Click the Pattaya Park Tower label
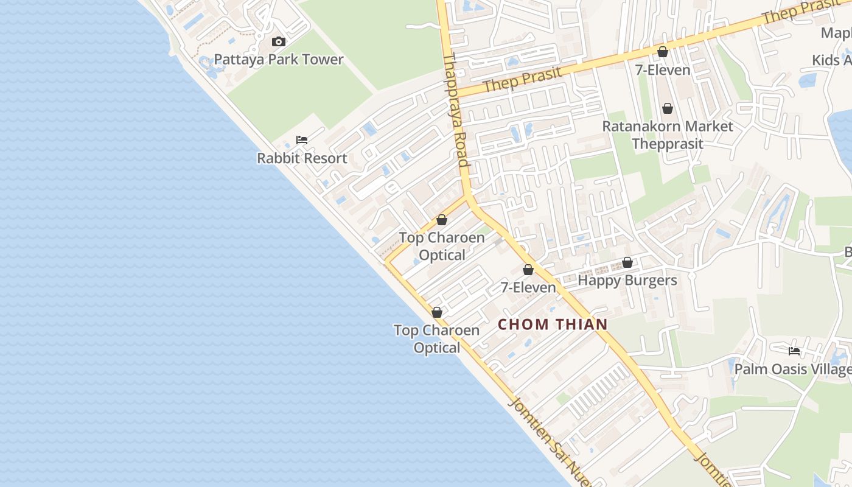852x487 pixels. pyautogui.click(x=279, y=60)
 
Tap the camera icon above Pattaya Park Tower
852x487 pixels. pyautogui.click(x=279, y=41)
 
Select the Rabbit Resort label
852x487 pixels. pyautogui.click(x=302, y=158)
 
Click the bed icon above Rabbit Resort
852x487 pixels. pyautogui.click(x=302, y=140)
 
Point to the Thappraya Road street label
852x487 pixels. pyautogui.click(x=456, y=110)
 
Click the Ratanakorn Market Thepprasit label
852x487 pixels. pyautogui.click(x=668, y=135)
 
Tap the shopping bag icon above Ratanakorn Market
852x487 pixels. pyautogui.click(x=668, y=109)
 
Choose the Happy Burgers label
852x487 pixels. pyautogui.click(x=627, y=281)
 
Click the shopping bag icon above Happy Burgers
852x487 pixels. pyautogui.click(x=627, y=263)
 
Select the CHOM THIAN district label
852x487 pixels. pyautogui.click(x=553, y=324)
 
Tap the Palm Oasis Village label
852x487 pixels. pyautogui.click(x=792, y=370)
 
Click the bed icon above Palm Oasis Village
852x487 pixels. pyautogui.click(x=794, y=351)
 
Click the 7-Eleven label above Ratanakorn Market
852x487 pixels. pyautogui.click(x=663, y=70)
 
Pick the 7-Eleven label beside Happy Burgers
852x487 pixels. pyautogui.click(x=528, y=287)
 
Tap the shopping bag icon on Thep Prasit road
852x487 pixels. pyautogui.click(x=663, y=52)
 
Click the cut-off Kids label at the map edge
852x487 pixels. pyautogui.click(x=831, y=60)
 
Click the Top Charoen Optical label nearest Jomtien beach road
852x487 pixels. pyautogui.click(x=436, y=339)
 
